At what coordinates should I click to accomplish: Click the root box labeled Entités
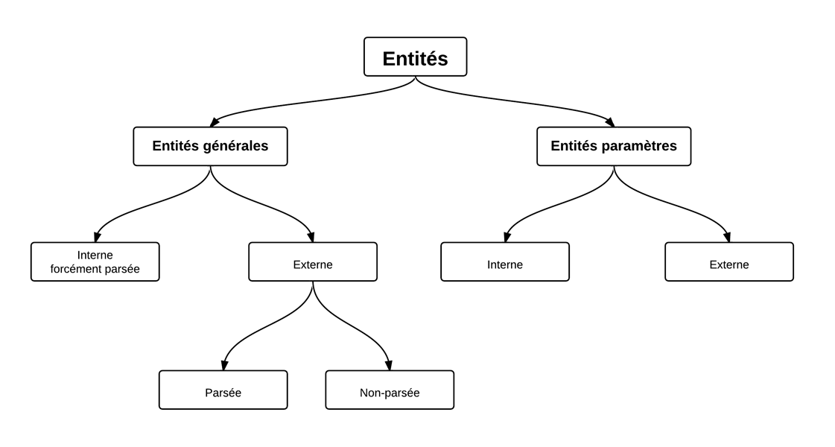click(416, 57)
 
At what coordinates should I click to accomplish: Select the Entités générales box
click(210, 146)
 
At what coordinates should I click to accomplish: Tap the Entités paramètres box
click(614, 146)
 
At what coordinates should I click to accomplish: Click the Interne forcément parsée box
click(95, 261)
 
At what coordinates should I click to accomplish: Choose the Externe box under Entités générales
click(313, 261)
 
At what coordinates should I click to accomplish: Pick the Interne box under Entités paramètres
click(505, 261)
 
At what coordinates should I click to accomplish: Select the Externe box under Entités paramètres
click(729, 261)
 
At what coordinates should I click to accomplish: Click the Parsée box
click(223, 390)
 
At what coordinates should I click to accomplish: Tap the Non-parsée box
click(390, 390)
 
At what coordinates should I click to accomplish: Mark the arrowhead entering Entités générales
click(215, 122)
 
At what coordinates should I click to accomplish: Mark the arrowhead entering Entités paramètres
click(610, 122)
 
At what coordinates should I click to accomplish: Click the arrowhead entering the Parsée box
click(224, 365)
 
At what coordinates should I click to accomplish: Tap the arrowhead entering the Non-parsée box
click(389, 365)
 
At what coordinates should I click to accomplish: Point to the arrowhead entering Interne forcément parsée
click(97, 237)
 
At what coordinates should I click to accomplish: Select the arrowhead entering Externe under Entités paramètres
click(727, 237)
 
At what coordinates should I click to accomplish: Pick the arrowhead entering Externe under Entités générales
click(311, 237)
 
